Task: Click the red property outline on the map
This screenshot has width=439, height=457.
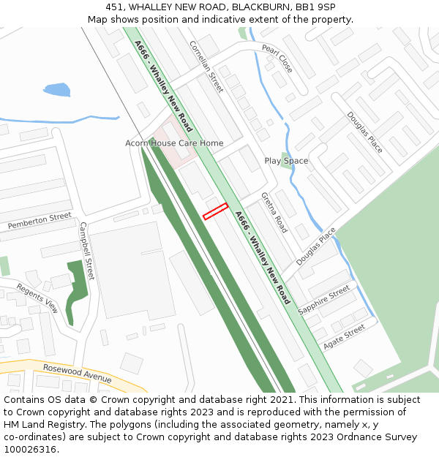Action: click(x=216, y=211)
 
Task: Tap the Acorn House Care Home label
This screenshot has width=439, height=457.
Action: click(x=174, y=143)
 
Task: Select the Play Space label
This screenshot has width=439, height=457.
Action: click(x=286, y=161)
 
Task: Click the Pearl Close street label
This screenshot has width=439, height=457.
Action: click(x=277, y=58)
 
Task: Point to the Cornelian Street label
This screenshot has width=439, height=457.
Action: click(x=206, y=66)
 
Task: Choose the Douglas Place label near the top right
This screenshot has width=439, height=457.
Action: click(x=364, y=132)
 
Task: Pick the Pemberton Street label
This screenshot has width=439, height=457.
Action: click(x=40, y=221)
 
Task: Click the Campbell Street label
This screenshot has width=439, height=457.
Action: click(x=87, y=251)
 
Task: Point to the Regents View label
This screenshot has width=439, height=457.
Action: click(x=37, y=298)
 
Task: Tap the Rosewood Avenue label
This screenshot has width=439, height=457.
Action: click(x=77, y=373)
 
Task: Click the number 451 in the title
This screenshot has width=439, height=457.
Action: click(x=116, y=7)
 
